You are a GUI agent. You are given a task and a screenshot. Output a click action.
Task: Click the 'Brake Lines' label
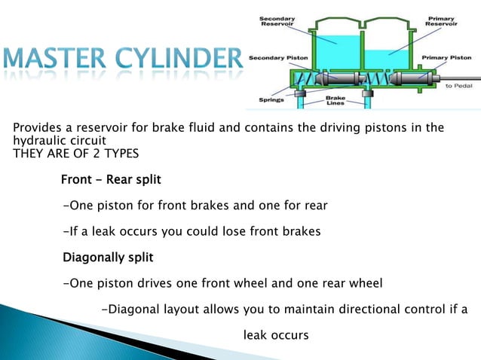[x=335, y=99]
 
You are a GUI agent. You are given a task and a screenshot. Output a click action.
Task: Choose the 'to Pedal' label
[x=459, y=86]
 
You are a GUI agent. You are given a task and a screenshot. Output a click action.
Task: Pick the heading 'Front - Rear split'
[x=111, y=180]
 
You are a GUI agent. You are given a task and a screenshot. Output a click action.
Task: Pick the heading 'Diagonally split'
[x=108, y=258]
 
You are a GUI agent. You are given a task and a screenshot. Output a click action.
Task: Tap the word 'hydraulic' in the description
[x=39, y=140]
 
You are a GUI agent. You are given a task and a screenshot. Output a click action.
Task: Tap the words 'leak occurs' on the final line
[x=275, y=334]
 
